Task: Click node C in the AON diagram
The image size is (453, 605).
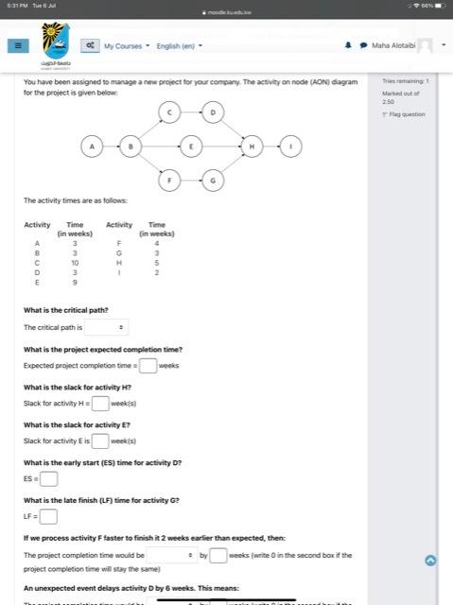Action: [x=168, y=113]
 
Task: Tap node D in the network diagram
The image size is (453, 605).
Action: [x=213, y=113]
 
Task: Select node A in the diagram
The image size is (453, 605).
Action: [x=92, y=147]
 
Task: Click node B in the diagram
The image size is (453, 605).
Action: [x=131, y=147]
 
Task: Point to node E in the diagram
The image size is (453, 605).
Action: [x=191, y=147]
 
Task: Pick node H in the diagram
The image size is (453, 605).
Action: [x=253, y=147]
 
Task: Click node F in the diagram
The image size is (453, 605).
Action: [x=168, y=180]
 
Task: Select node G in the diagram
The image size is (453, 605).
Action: [x=213, y=180]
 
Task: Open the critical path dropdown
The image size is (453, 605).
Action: [x=106, y=327]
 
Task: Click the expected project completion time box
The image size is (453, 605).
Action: [x=148, y=365]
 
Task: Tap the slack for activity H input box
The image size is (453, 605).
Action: [x=100, y=403]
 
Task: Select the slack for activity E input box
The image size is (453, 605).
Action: [x=100, y=441]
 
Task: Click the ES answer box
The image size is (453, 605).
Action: [x=48, y=478]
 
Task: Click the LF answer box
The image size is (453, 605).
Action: [x=48, y=516]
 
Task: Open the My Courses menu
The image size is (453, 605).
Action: [x=125, y=45]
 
